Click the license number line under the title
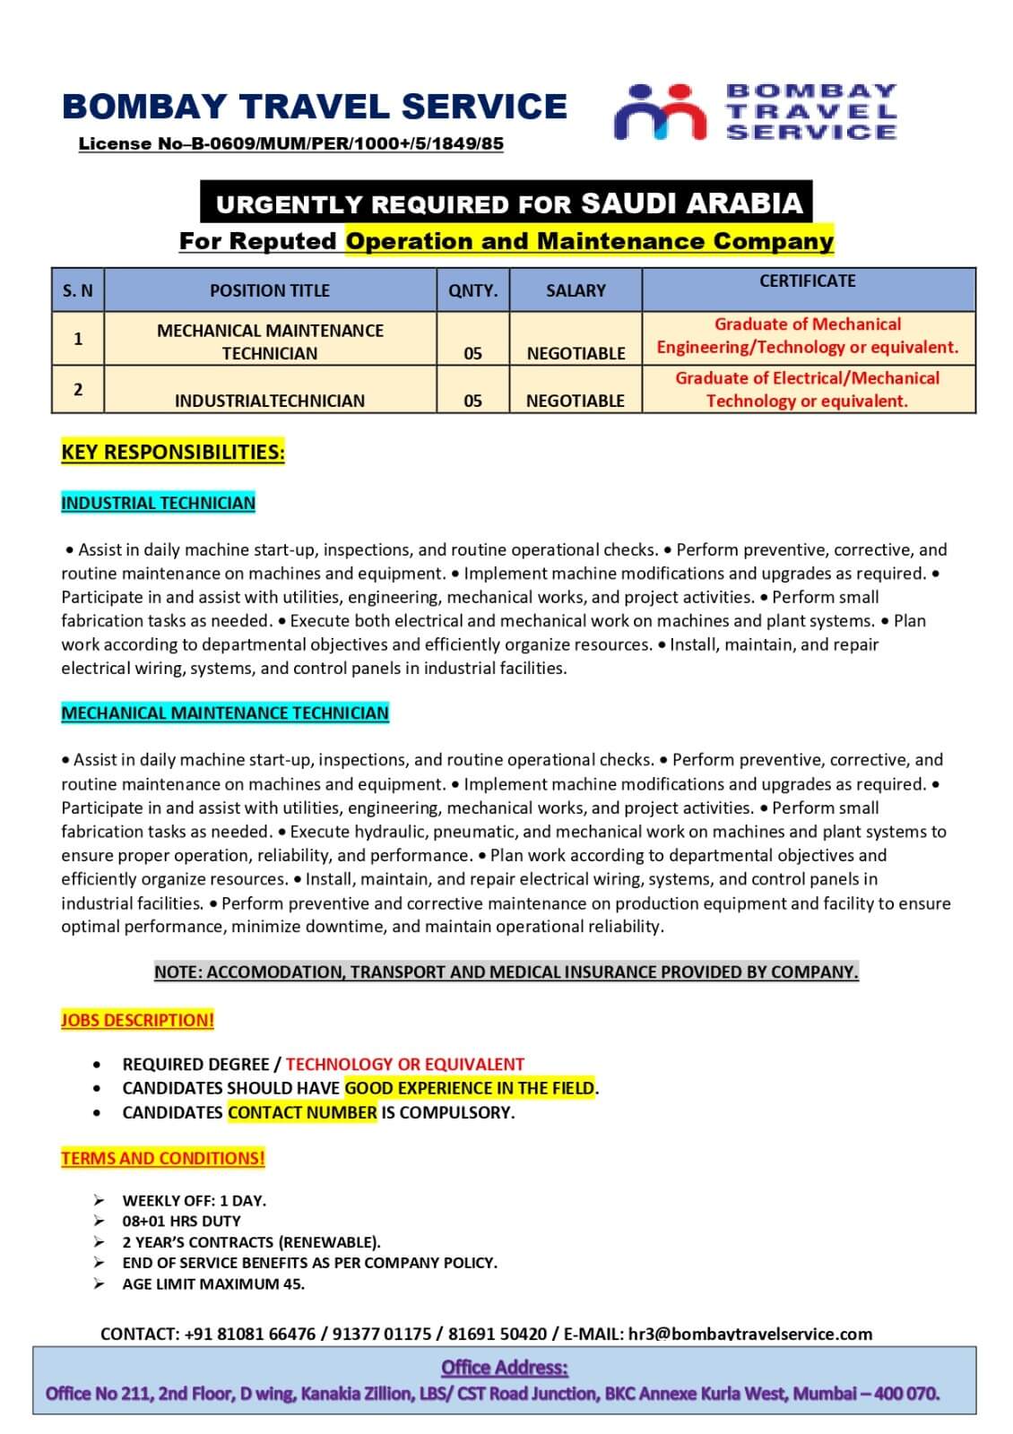[290, 143]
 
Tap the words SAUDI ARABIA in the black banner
[691, 203]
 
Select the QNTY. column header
[472, 290]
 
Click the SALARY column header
[576, 290]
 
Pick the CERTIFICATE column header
[807, 281]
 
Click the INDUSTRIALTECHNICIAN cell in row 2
[269, 401]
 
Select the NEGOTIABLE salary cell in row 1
[576, 353]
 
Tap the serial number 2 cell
[78, 389]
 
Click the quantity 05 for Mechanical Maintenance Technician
[472, 353]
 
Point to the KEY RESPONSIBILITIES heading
[173, 452]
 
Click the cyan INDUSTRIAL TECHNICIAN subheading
[158, 503]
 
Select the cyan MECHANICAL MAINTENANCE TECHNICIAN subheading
[225, 713]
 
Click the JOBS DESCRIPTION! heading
[137, 1020]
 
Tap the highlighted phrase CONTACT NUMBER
[302, 1112]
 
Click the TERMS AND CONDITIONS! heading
[163, 1158]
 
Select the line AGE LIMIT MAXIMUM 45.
[213, 1283]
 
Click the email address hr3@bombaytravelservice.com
[749, 1334]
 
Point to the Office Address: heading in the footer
[505, 1368]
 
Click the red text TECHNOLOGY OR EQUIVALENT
[404, 1064]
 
